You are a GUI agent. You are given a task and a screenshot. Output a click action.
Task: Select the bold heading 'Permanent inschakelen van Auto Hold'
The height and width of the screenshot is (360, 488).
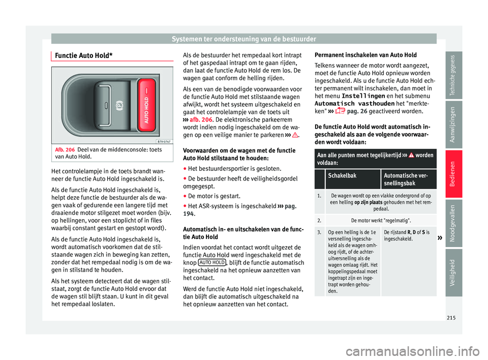point(366,54)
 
